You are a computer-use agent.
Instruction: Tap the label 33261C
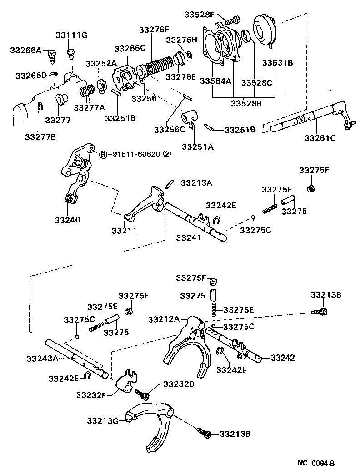pyautogui.click(x=320, y=137)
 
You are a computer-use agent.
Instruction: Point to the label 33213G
pyautogui.click(x=103, y=421)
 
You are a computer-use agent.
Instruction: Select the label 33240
pyautogui.click(x=68, y=219)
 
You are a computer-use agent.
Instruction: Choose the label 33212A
pyautogui.click(x=164, y=319)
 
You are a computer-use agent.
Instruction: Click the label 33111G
pyautogui.click(x=71, y=35)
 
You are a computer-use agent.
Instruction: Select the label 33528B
pyautogui.click(x=246, y=103)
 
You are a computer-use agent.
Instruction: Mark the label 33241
pyautogui.click(x=191, y=237)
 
